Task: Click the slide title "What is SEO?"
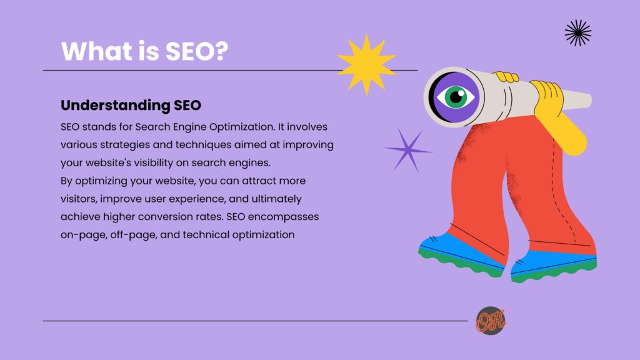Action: (144, 51)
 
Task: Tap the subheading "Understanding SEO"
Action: (131, 105)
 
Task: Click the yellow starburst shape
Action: (366, 64)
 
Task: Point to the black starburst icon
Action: (578, 32)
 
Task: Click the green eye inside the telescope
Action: (456, 97)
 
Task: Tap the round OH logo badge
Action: (491, 321)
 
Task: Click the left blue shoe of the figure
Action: (461, 255)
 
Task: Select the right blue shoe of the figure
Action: (554, 265)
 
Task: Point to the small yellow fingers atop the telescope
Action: (506, 77)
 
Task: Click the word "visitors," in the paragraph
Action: (79, 199)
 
